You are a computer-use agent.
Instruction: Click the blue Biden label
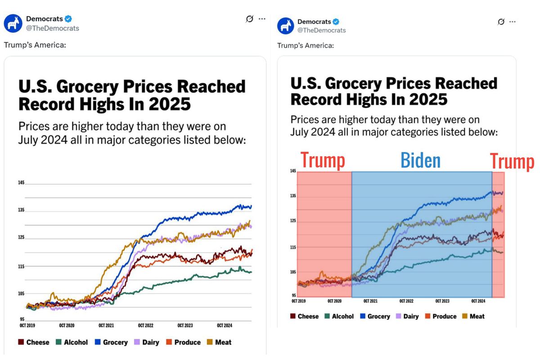(420, 161)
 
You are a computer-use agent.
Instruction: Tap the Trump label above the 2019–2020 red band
(323, 161)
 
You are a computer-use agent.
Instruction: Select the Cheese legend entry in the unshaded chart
(34, 342)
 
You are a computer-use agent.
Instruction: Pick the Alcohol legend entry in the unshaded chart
(72, 342)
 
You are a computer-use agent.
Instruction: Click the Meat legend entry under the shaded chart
(473, 316)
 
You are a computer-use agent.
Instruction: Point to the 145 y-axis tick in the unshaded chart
(21, 183)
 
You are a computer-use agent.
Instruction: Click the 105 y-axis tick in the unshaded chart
(21, 294)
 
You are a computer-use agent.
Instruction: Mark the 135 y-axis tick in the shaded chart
(293, 196)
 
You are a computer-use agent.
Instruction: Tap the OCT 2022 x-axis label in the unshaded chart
(146, 325)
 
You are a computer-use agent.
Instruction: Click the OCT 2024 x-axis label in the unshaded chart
(224, 325)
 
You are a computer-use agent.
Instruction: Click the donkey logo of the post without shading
(13, 23)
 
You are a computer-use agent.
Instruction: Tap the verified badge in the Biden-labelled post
(336, 22)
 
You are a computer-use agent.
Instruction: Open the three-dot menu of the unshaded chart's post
(262, 19)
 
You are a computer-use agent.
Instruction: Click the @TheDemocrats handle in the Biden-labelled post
(322, 30)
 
